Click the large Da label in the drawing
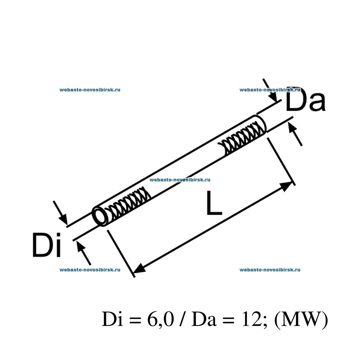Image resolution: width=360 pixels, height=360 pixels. pyautogui.click(x=306, y=100)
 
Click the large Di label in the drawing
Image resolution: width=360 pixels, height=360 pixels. pyautogui.click(x=47, y=245)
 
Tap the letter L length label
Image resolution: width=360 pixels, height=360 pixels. pyautogui.click(x=214, y=204)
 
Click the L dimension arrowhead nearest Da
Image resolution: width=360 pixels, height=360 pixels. pyautogui.click(x=285, y=187)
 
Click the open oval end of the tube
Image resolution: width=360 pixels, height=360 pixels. pyautogui.click(x=100, y=216)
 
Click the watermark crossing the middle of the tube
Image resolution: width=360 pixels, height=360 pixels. pyautogui.click(x=180, y=180)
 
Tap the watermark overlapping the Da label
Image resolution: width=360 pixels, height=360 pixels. pyautogui.click(x=270, y=90)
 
